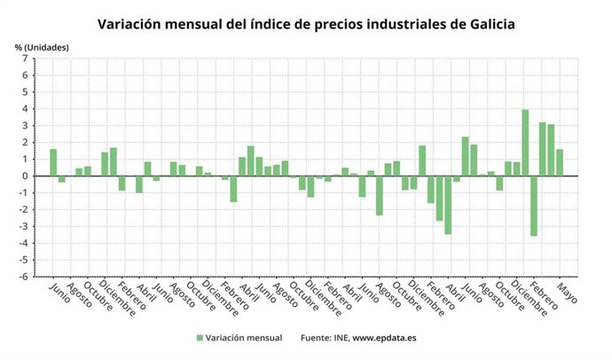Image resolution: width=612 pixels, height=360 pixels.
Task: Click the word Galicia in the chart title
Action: pos(484,23)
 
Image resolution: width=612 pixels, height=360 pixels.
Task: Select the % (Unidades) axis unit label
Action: pos(41,46)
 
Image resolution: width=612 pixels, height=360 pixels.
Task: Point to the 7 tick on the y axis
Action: pos(27,59)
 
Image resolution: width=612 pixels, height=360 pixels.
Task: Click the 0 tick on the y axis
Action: pos(27,176)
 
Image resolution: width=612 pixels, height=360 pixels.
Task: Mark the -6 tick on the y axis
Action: pos(25,276)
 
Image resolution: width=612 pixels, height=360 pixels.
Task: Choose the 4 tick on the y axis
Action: pos(27,109)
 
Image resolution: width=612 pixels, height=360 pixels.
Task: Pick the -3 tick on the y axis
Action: pos(25,226)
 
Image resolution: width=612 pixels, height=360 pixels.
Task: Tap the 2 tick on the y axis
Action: pos(27,143)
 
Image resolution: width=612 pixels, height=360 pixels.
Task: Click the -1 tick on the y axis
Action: pos(25,192)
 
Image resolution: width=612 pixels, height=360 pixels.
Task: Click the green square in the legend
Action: pos(200,338)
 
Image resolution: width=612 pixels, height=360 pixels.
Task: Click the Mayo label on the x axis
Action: pos(567,293)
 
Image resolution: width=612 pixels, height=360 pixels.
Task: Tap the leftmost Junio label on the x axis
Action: pos(58,293)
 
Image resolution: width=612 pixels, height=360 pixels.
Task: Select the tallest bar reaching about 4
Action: pos(525,142)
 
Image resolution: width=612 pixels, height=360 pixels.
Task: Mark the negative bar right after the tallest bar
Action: pos(534,206)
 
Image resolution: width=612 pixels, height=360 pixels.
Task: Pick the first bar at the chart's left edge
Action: pos(53,162)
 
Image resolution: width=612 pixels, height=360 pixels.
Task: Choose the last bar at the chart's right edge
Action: pos(560,162)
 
